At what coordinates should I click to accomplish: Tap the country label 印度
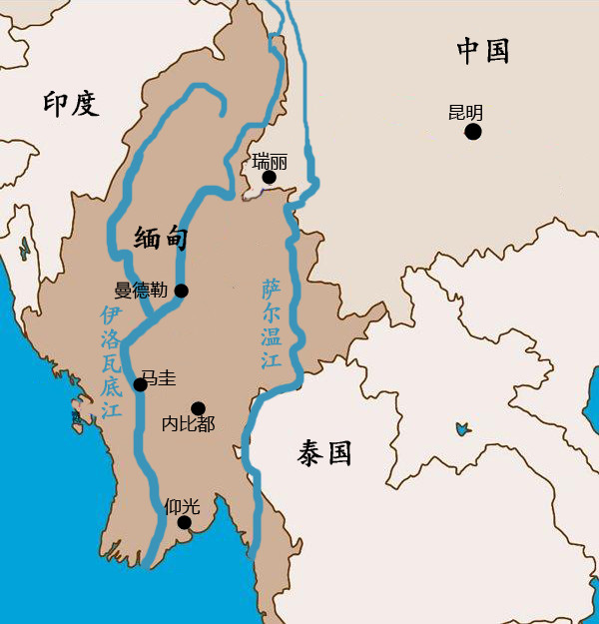click(71, 103)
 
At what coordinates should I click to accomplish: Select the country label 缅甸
click(161, 238)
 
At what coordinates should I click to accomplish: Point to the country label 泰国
click(324, 454)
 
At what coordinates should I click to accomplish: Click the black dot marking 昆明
click(473, 131)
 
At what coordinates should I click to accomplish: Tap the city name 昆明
click(465, 112)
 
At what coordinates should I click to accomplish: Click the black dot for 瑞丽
click(269, 178)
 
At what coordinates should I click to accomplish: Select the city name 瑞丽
click(270, 160)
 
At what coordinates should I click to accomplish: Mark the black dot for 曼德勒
click(182, 291)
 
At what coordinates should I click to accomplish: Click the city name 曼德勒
click(143, 291)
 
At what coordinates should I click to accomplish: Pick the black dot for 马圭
click(141, 384)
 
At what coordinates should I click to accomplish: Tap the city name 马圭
click(158, 377)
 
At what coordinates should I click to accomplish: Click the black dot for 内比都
click(198, 407)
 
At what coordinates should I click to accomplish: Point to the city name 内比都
click(188, 424)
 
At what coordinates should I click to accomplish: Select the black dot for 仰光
click(184, 522)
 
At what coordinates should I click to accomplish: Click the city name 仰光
click(182, 505)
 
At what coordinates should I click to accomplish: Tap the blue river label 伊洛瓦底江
click(111, 361)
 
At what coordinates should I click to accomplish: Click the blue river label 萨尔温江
click(272, 325)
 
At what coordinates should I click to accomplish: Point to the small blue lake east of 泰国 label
click(462, 429)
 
